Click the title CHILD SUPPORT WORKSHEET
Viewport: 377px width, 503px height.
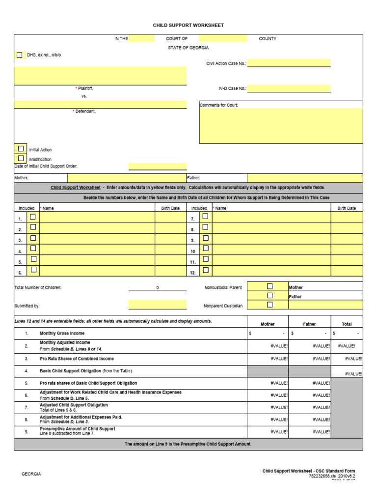pyautogui.click(x=188, y=25)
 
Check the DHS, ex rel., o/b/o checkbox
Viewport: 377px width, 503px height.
pyautogui.click(x=20, y=55)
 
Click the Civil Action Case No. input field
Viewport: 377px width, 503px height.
pyautogui.click(x=289, y=63)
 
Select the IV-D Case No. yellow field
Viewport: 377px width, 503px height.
pyautogui.click(x=289, y=88)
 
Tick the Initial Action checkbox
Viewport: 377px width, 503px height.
pyautogui.click(x=21, y=148)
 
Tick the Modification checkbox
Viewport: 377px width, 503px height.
pyautogui.click(x=21, y=158)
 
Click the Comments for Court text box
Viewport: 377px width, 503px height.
pyautogui.click(x=281, y=126)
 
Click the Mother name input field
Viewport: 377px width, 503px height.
pyautogui.click(x=127, y=178)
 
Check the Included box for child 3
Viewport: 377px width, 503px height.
pyautogui.click(x=33, y=238)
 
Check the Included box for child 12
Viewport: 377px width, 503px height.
pyautogui.click(x=206, y=270)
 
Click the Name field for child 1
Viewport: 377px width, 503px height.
pyautogui.click(x=97, y=218)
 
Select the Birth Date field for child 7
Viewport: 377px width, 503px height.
pyautogui.click(x=347, y=218)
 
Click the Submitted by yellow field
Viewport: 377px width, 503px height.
pyautogui.click(x=158, y=305)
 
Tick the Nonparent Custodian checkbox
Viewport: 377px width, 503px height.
pyautogui.click(x=269, y=305)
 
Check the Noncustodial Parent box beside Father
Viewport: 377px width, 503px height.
pyautogui.click(x=269, y=296)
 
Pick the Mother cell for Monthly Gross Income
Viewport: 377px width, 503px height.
pyautogui.click(x=268, y=333)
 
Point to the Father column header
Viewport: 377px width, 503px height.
pyautogui.click(x=309, y=324)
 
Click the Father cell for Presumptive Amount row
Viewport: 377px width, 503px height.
pyautogui.click(x=309, y=431)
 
